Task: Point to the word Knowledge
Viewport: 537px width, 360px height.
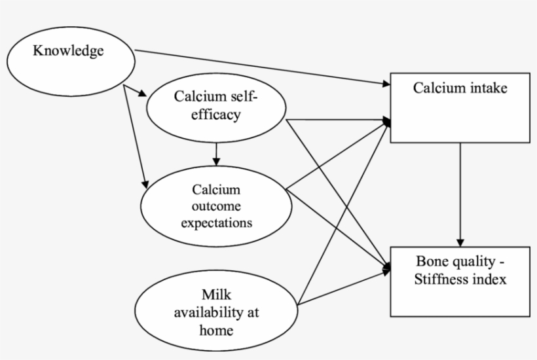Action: tap(68, 51)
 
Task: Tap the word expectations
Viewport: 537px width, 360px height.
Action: tap(217, 223)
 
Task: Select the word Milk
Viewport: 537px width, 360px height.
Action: tap(217, 295)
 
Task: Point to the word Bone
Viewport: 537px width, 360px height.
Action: tap(431, 263)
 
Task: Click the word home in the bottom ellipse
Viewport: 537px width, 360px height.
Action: tap(216, 329)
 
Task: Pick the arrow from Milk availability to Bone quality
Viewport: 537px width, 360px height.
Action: tap(344, 285)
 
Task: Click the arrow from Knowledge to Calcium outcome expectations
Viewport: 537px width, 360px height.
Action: tap(133, 137)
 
